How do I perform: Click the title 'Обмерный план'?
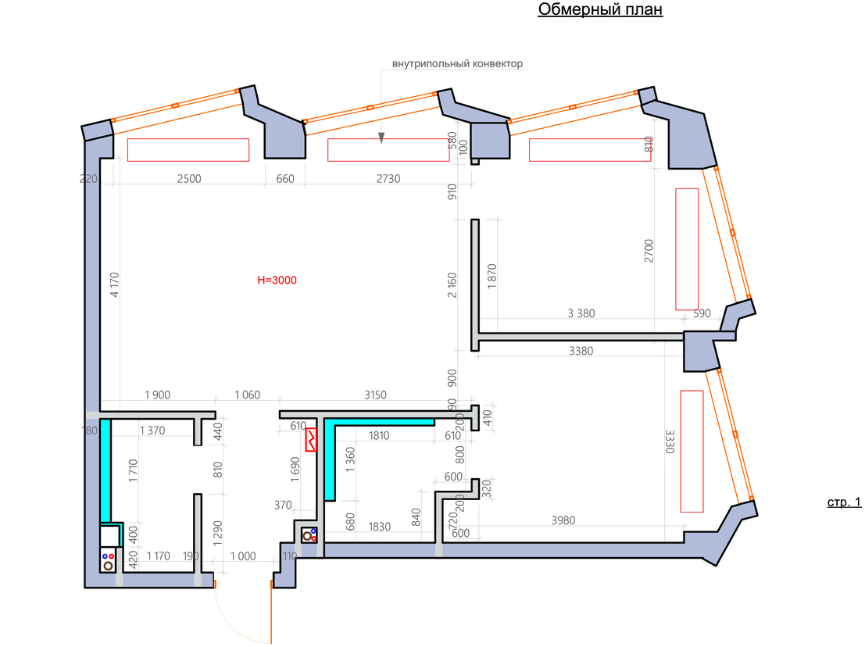[x=600, y=10]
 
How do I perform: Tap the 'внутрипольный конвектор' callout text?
[x=458, y=63]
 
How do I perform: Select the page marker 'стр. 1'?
[x=844, y=502]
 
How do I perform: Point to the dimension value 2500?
[x=188, y=178]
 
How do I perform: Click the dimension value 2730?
[x=388, y=178]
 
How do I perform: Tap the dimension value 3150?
[x=376, y=395]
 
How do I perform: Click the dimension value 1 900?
[x=156, y=395]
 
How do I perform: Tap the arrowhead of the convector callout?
[x=381, y=138]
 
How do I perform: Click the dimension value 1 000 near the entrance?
[x=243, y=556]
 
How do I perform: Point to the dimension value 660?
[x=285, y=178]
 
